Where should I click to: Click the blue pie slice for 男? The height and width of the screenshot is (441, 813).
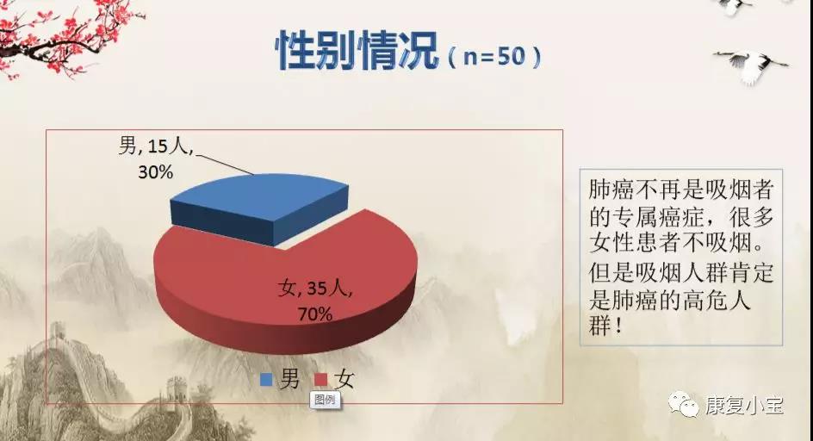coord(259,205)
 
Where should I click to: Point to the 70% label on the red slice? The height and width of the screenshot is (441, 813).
coord(314,314)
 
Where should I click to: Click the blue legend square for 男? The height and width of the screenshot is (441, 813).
coord(266,380)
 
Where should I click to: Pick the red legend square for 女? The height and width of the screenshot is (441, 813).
coord(321,380)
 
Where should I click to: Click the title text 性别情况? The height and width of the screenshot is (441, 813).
coord(357,50)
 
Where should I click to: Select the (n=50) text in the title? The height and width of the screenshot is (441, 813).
coord(494,56)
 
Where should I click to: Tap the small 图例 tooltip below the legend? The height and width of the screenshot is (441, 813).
coord(325,400)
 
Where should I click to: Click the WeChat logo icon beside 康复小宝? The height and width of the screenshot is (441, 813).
coord(683,404)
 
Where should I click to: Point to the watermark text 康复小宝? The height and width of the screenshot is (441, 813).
coord(743,405)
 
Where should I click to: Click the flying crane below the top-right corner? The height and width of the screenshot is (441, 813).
coord(752,65)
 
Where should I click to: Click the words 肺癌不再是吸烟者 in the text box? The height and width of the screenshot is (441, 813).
coord(680,189)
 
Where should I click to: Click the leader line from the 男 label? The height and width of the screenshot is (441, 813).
coord(225,164)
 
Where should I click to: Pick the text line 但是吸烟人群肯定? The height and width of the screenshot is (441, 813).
coord(680,273)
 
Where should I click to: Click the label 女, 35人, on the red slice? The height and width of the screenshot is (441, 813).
coord(314,288)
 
